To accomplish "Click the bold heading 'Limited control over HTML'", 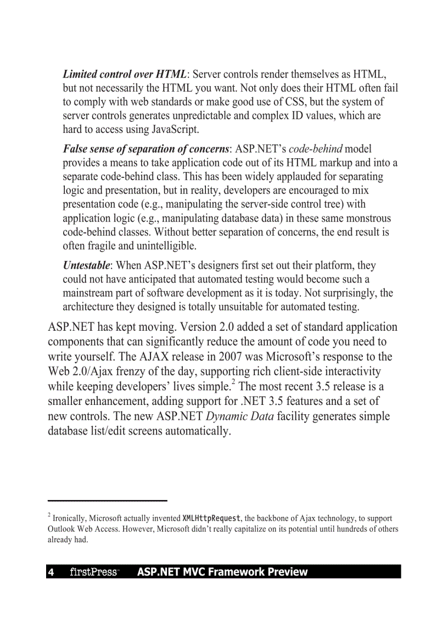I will point(125,74).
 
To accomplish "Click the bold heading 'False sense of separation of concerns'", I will point(145,149).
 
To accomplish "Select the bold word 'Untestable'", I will point(85,265).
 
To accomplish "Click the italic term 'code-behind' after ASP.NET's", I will point(316,149).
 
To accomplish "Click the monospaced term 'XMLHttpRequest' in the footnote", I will point(211,518).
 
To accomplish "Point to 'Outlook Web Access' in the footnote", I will point(83,529).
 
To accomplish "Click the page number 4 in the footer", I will point(51,572).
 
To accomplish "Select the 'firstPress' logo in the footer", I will point(94,572).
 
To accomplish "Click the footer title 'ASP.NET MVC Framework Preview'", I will point(222,572).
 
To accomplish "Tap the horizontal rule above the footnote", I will point(107,501).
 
